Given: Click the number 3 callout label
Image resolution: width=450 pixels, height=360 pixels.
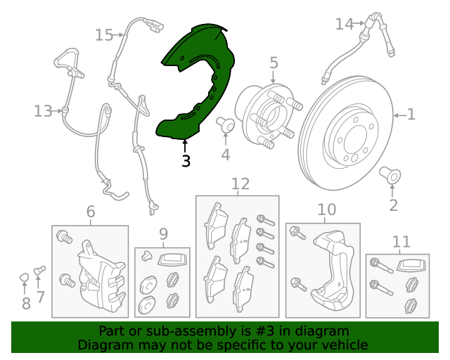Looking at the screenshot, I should [x=186, y=161].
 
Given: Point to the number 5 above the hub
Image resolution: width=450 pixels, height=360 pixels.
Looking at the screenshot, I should [x=274, y=64].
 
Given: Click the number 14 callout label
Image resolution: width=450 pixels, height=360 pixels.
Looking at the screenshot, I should [x=344, y=24].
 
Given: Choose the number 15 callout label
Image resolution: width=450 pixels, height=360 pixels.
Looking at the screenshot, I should [x=104, y=34].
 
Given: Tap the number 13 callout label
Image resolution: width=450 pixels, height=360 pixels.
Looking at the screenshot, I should [x=42, y=111].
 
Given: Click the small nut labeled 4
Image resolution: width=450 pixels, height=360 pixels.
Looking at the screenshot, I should [x=226, y=124].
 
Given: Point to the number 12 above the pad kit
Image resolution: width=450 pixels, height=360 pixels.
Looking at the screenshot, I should [x=240, y=184].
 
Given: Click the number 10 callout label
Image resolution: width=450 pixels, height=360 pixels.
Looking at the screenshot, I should [x=327, y=210].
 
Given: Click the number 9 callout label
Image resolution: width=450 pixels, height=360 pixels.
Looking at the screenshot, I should [x=163, y=233].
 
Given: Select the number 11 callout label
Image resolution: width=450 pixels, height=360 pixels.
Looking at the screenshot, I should [x=401, y=243].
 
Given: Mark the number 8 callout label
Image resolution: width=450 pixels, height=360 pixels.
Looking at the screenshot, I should [x=26, y=303].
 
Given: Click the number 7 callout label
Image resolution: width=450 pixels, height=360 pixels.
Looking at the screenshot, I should [x=40, y=297].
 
